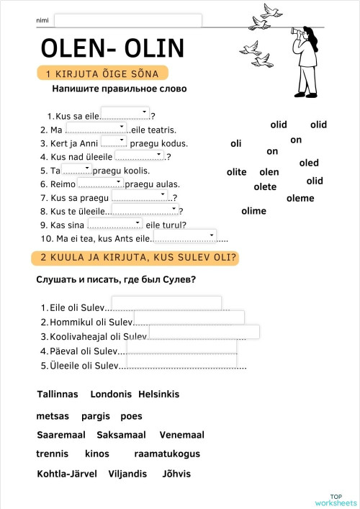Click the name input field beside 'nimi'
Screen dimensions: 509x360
click(x=128, y=20)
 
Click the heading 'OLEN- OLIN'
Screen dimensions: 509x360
click(x=112, y=48)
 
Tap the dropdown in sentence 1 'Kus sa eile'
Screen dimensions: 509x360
click(x=125, y=113)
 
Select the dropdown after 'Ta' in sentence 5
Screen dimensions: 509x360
click(x=76, y=168)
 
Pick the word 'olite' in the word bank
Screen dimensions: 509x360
click(x=236, y=172)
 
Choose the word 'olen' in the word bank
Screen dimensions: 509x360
click(x=269, y=172)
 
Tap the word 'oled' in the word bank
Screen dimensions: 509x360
click(x=309, y=163)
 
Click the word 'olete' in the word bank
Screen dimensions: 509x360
click(x=265, y=187)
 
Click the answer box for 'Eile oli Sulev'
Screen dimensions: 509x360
click(x=166, y=303)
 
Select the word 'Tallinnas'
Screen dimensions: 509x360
click(x=57, y=395)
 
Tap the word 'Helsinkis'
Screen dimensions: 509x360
click(x=158, y=395)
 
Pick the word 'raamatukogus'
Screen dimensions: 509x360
click(x=167, y=454)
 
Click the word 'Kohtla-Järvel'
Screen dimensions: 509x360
click(x=66, y=474)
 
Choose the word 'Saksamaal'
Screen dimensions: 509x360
click(x=121, y=435)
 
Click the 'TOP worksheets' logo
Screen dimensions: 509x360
click(x=336, y=499)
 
